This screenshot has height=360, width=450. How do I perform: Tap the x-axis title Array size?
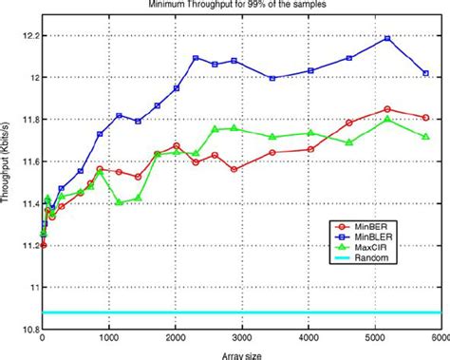[244, 355]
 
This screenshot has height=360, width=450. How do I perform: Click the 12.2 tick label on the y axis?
[28, 35]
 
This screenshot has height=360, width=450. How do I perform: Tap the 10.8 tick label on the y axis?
[28, 329]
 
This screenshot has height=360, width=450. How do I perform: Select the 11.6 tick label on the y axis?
[28, 161]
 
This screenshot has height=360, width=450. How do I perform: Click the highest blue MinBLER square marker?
[387, 38]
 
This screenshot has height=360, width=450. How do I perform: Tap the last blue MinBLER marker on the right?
[426, 73]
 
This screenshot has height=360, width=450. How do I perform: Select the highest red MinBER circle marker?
[387, 108]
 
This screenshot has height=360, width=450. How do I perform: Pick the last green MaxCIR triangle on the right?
[426, 137]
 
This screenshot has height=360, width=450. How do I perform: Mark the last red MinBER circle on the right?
[426, 118]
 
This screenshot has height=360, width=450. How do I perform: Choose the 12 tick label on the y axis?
[33, 77]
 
